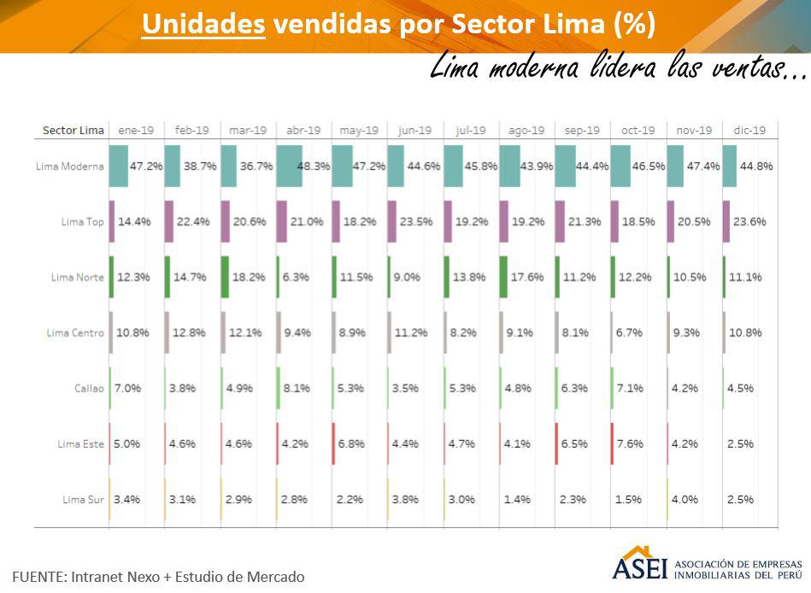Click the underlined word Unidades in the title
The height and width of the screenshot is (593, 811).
203,24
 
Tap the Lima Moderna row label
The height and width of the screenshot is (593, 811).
70,166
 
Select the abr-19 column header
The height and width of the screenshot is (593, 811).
303,130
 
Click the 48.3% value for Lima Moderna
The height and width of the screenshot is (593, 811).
313,166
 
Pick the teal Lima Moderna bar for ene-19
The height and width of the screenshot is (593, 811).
119,166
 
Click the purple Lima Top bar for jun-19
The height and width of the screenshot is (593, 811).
392,221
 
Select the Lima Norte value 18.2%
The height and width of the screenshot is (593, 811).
248,277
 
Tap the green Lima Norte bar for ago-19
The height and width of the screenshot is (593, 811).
503,277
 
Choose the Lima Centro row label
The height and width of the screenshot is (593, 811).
75,332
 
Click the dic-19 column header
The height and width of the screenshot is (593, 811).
749,130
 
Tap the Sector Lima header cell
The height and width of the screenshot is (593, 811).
73,130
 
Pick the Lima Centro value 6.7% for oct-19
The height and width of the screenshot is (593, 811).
628,332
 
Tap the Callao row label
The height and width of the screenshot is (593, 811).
89,388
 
